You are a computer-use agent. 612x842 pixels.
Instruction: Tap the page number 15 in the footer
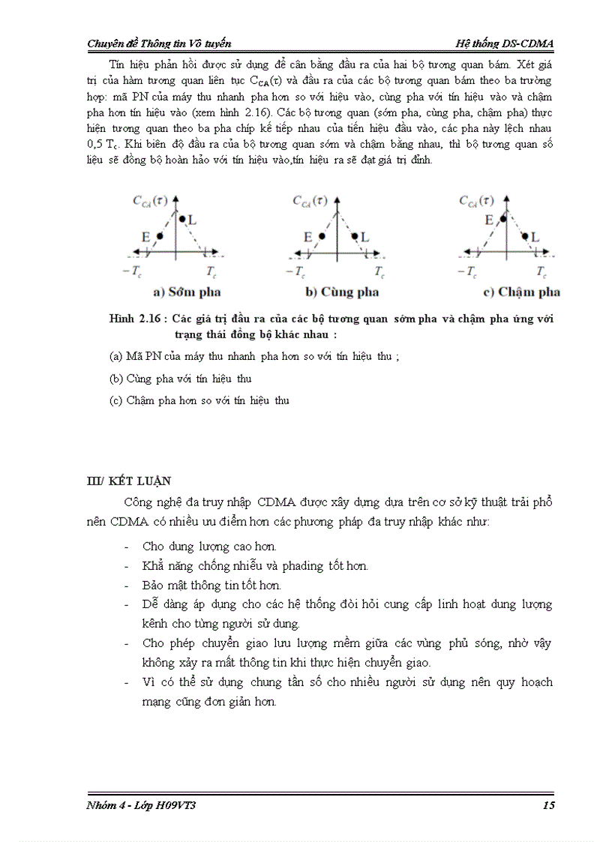547,805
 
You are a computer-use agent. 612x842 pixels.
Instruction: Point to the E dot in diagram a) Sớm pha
159,236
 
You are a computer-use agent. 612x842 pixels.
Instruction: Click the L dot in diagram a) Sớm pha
182,220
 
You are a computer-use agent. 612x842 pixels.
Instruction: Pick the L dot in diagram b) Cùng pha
355,236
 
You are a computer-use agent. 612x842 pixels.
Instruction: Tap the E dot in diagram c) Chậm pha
501,220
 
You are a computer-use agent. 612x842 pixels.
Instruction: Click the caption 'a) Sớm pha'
187,292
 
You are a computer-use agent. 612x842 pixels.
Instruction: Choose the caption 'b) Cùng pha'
342,292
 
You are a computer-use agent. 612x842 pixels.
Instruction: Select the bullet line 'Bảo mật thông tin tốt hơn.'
211,585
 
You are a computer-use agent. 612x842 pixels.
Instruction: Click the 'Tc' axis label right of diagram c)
541,271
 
